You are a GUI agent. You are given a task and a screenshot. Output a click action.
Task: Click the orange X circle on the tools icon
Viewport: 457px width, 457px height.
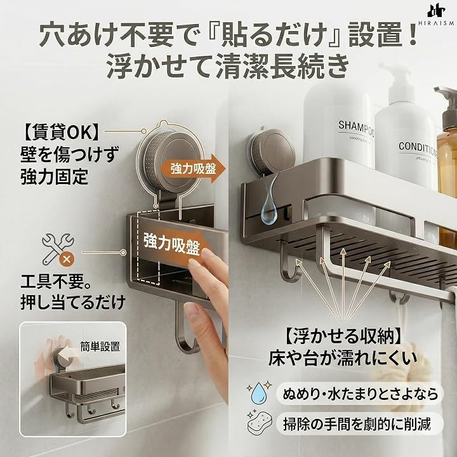67,258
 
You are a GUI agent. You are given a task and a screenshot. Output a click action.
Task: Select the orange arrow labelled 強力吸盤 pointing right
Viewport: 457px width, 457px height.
194,169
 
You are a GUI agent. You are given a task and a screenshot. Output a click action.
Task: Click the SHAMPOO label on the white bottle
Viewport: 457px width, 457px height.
356,128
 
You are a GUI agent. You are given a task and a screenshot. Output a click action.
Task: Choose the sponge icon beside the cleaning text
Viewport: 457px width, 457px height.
260,423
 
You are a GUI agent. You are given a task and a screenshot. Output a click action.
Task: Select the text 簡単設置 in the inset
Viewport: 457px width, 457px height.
100,347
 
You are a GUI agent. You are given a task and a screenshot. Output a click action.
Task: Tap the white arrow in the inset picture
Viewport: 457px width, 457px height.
65,354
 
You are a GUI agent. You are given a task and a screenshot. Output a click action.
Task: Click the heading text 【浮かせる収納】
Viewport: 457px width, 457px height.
342,336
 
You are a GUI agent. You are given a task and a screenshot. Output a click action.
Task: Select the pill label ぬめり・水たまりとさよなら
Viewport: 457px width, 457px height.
360,394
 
